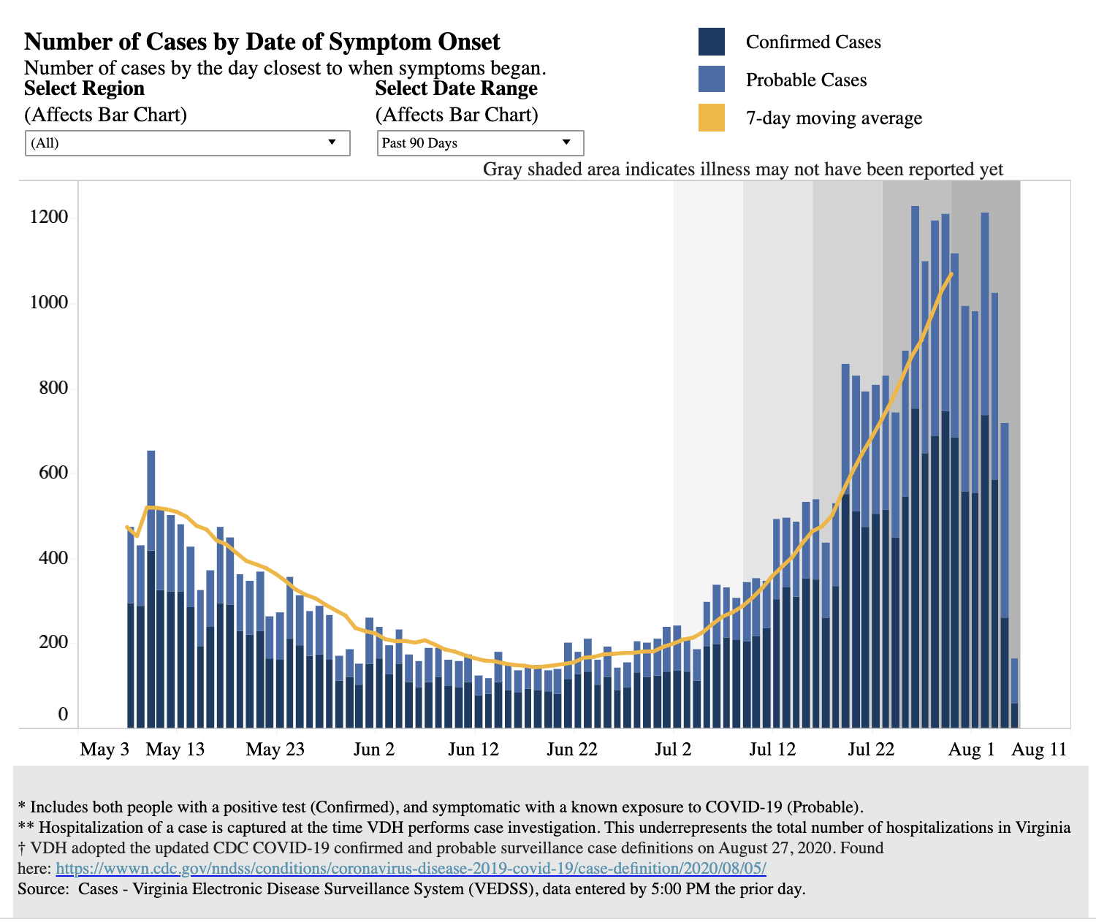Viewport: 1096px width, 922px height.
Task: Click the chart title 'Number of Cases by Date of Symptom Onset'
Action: [x=262, y=42]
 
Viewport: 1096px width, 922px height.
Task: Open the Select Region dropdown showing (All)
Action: [x=187, y=143]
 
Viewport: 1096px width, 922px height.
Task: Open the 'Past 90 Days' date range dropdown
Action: [x=480, y=143]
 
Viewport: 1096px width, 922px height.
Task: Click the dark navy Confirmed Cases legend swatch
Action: [x=711, y=42]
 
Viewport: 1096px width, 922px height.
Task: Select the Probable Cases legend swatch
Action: [x=711, y=80]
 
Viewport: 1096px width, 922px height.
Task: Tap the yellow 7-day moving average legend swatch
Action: [x=711, y=118]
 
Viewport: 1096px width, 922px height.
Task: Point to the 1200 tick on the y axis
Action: [x=48, y=217]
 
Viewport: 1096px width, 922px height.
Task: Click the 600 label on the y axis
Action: [x=53, y=473]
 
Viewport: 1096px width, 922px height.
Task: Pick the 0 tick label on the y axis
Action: [x=63, y=715]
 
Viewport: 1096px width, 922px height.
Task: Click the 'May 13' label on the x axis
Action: [x=175, y=750]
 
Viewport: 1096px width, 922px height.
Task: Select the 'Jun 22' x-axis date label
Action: [x=572, y=750]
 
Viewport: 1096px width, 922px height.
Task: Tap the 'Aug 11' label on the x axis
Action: [x=1039, y=750]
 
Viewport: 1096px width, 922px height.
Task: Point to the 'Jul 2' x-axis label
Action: [x=673, y=750]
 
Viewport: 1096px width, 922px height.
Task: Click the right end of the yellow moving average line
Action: [x=951, y=274]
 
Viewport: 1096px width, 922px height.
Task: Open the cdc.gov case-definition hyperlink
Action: [x=411, y=869]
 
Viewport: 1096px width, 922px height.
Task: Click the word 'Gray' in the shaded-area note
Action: [x=502, y=169]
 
